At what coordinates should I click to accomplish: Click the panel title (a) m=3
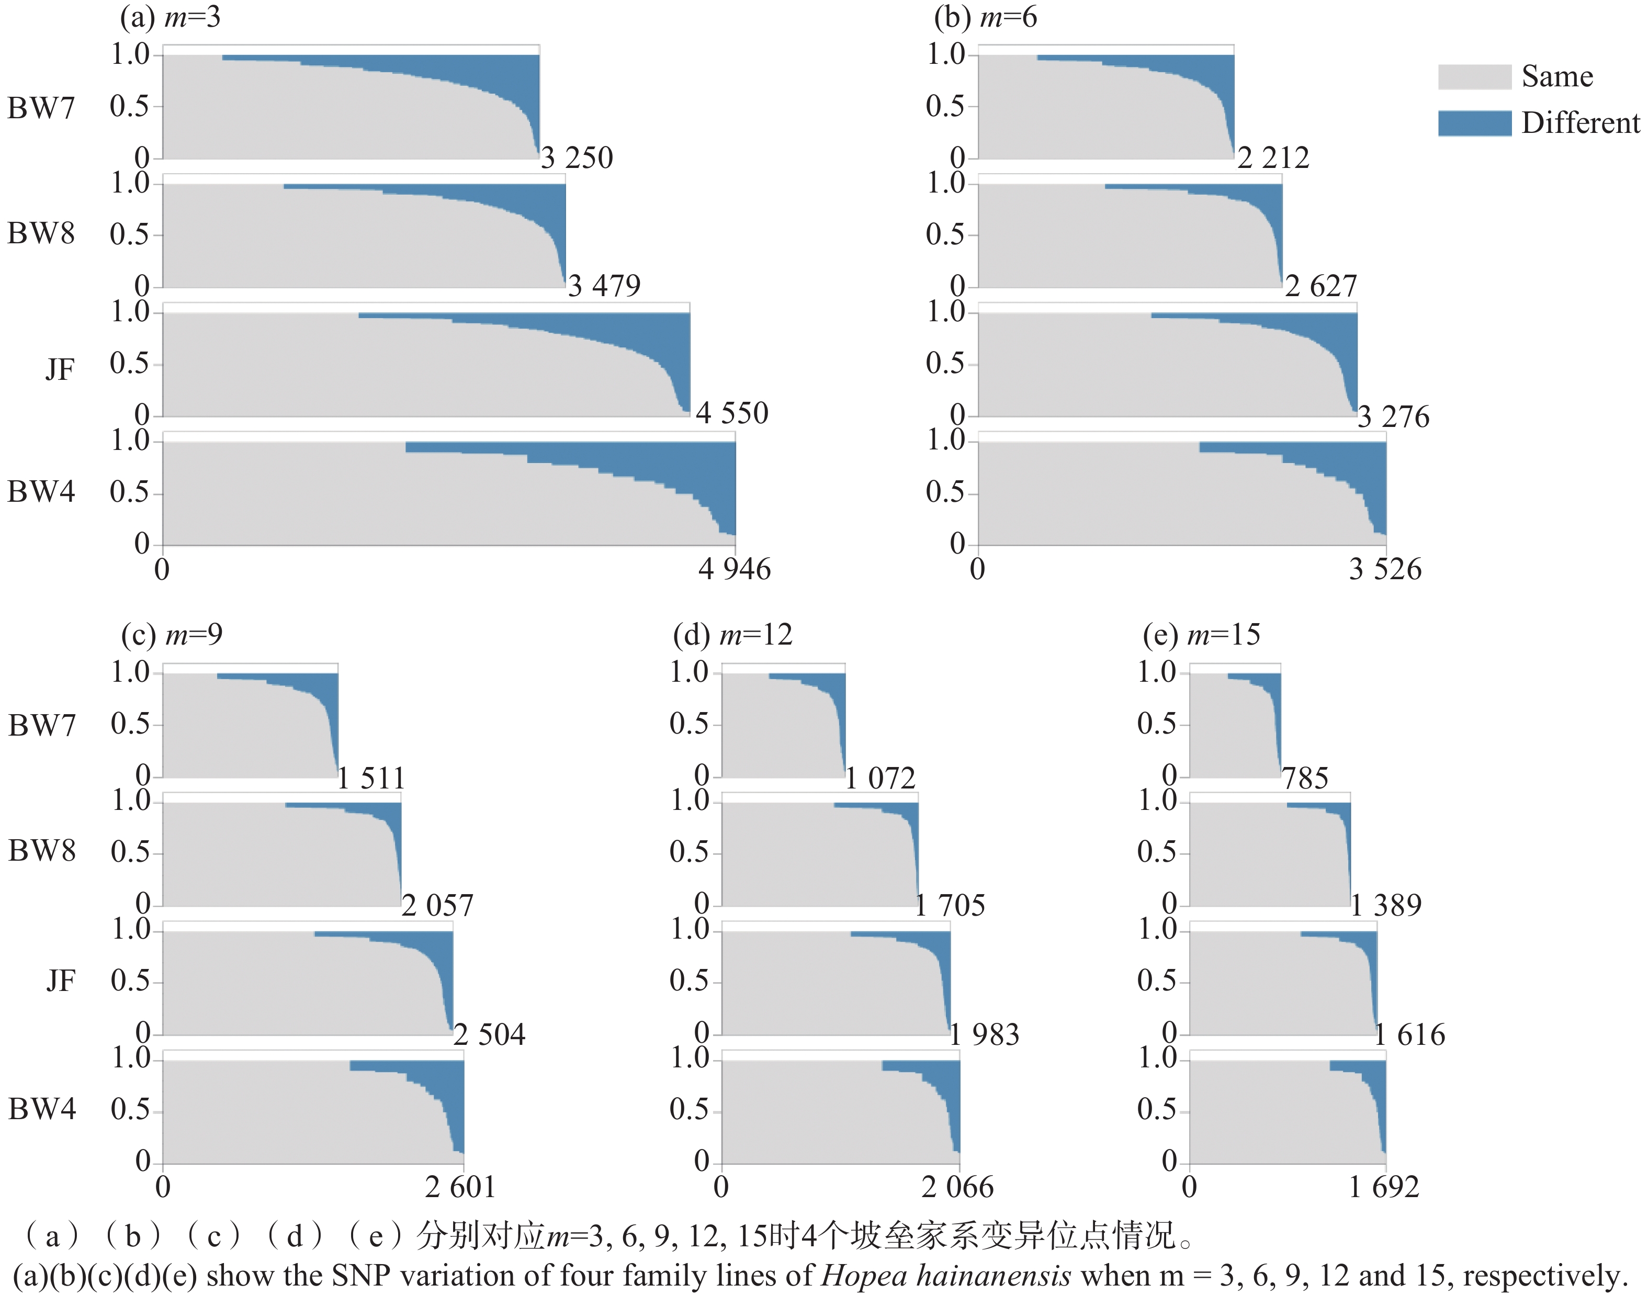(170, 17)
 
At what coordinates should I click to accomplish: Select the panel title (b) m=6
(985, 17)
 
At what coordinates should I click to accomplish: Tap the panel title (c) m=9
(172, 634)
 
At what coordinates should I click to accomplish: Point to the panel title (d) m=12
(732, 634)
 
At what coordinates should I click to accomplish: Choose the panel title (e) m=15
(1201, 634)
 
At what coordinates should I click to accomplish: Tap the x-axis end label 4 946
(733, 569)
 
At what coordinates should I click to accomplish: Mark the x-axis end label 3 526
(1385, 569)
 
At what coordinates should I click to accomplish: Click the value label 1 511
(371, 779)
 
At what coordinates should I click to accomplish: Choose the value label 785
(1305, 779)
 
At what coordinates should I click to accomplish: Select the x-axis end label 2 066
(957, 1187)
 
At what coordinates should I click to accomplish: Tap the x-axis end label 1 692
(1383, 1187)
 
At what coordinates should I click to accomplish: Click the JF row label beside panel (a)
(60, 369)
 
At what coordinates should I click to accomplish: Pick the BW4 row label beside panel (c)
(42, 1109)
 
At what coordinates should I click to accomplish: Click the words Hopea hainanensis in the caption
(946, 1276)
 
